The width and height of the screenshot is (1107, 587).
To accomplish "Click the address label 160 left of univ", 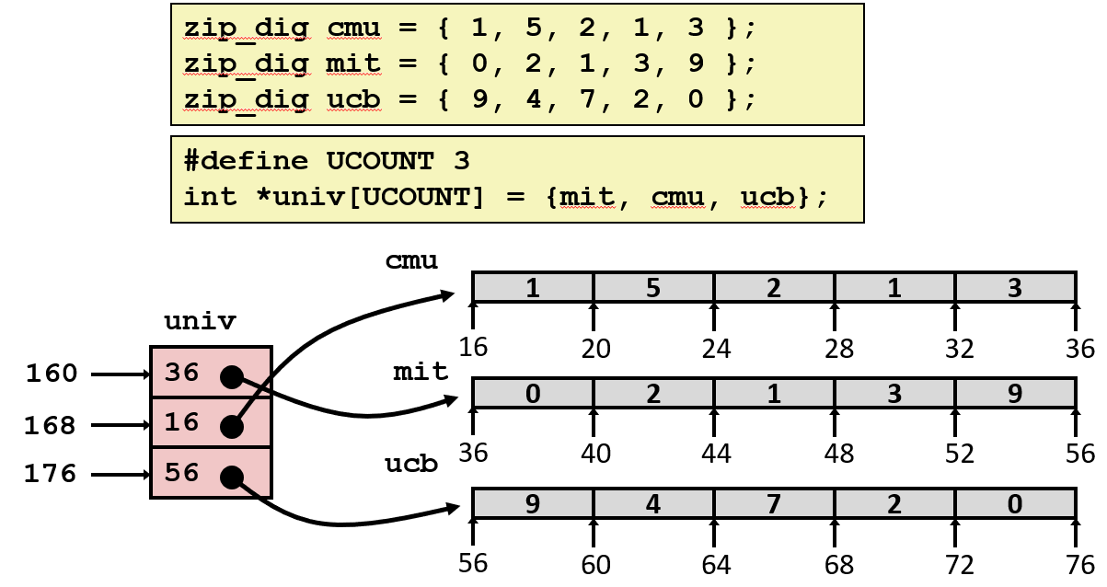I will click(x=52, y=374).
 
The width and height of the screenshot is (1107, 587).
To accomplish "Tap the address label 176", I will click(x=52, y=474).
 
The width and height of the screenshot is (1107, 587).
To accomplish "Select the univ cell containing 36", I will click(x=211, y=373).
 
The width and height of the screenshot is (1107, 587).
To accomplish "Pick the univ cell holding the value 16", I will click(x=211, y=423).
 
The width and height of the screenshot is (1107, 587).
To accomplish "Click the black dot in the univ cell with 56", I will click(x=232, y=478).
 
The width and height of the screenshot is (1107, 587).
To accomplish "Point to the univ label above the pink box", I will click(x=200, y=322).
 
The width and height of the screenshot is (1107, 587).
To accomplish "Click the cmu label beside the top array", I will click(x=411, y=260).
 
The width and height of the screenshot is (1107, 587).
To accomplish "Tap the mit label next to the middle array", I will click(x=421, y=373).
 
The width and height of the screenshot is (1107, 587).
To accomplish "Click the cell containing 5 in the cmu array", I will click(x=653, y=288).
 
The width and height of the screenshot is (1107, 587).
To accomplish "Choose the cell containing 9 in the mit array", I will click(x=1015, y=394).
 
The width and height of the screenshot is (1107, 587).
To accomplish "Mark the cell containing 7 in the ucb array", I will click(x=774, y=504).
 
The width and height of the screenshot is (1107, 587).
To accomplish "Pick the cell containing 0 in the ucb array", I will click(x=1015, y=504).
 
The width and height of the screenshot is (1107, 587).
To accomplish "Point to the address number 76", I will click(x=1079, y=563).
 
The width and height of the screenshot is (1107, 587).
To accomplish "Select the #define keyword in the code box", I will click(x=246, y=161).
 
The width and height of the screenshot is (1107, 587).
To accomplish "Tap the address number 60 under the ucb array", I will click(x=594, y=563).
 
